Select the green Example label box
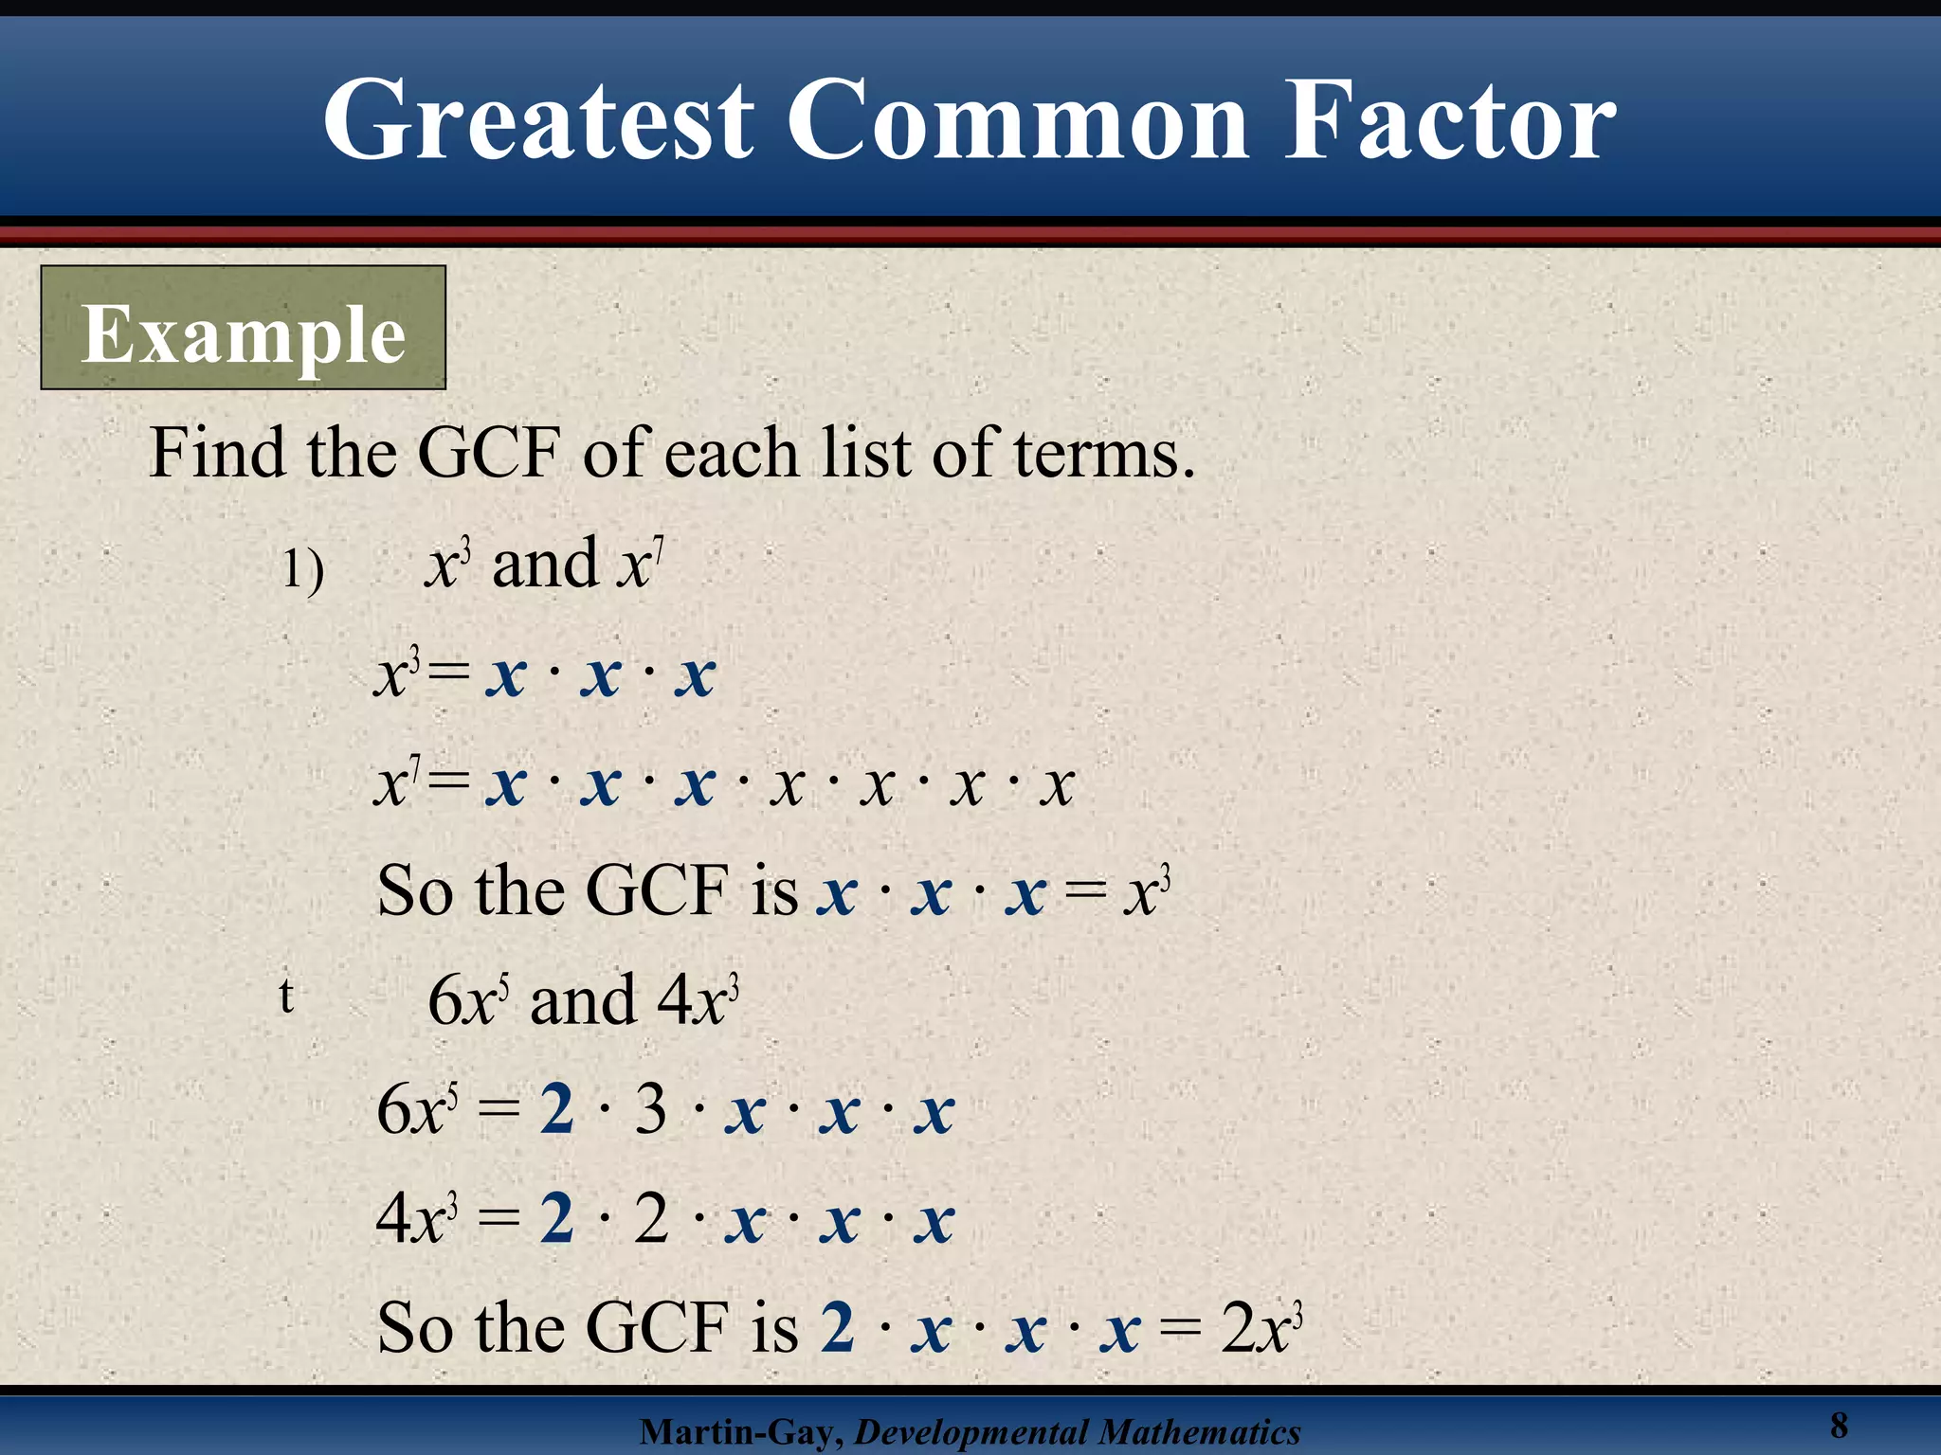tap(244, 328)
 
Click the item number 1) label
tap(303, 571)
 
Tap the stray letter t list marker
tap(286, 996)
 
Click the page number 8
tap(1839, 1425)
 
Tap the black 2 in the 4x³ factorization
tap(650, 1218)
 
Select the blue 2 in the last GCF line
tap(838, 1326)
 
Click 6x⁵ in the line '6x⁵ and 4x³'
tap(468, 1000)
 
